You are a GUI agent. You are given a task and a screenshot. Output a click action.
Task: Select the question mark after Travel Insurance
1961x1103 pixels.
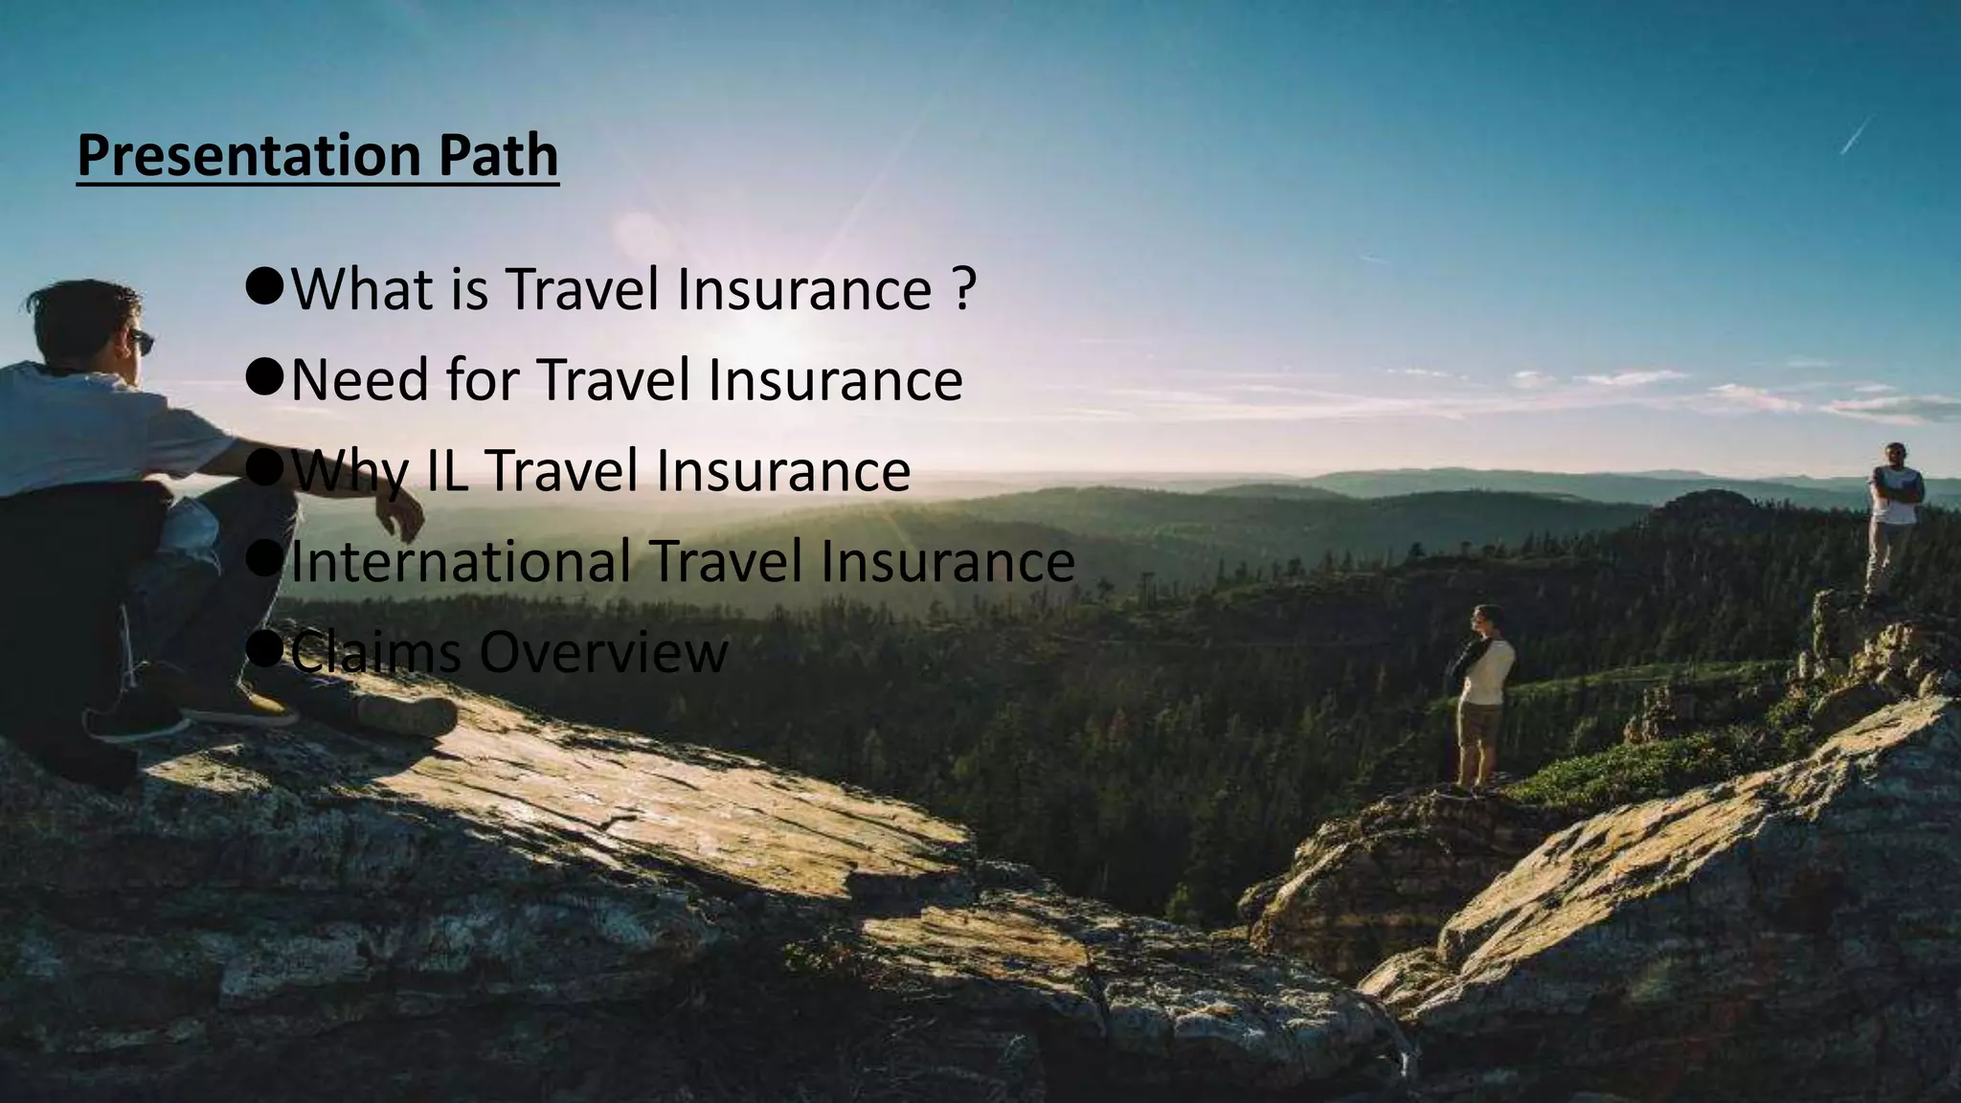(x=964, y=289)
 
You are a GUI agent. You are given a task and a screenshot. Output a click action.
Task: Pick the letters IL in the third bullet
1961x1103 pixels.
(x=447, y=471)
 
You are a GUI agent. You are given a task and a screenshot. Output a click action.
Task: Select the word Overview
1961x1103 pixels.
(x=603, y=652)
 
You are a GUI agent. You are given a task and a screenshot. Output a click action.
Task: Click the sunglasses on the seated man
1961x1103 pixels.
(x=142, y=340)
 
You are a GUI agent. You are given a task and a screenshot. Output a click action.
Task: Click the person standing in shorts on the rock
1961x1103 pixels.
(x=1481, y=694)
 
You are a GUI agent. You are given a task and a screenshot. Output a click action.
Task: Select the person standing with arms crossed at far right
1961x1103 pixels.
(x=1891, y=517)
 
